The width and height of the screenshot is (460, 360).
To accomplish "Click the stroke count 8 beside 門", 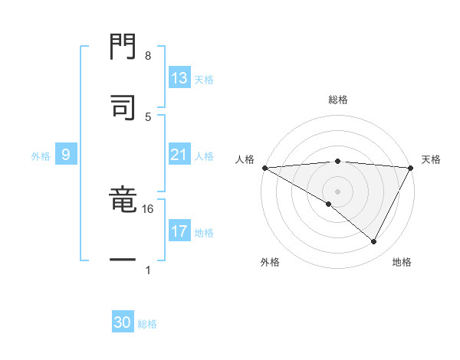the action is (148, 56).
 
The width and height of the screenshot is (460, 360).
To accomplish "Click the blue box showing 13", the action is (179, 78).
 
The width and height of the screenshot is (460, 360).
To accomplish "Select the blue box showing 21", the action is (179, 155).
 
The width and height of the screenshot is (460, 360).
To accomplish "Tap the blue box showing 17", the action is (179, 231).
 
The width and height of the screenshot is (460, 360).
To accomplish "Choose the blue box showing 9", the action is (66, 155).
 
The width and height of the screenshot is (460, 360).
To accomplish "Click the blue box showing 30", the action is (123, 322).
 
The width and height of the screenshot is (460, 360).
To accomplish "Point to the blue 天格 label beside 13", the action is (204, 80).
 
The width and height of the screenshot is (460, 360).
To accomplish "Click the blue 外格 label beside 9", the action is (41, 156).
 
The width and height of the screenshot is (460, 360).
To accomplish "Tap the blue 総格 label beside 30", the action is (147, 324).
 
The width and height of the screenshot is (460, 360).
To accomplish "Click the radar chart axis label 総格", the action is (337, 100).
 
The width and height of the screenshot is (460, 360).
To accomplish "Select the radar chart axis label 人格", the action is (245, 159).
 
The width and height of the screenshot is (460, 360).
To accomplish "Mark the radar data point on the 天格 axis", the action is (411, 168).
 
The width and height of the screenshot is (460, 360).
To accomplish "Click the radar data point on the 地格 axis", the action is (374, 242).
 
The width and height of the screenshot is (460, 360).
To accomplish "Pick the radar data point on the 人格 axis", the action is (264, 168).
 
